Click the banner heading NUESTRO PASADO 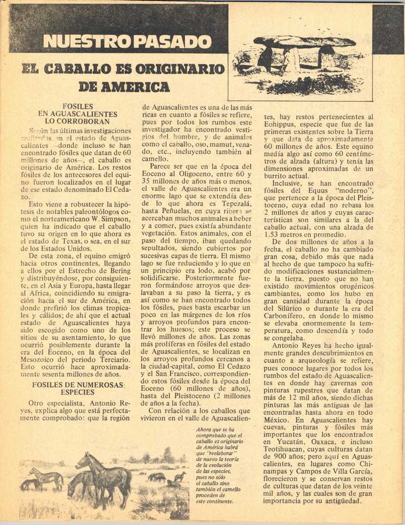(127, 41)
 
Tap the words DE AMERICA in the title (124, 87)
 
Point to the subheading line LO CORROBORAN (77, 122)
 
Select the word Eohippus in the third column (281, 124)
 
